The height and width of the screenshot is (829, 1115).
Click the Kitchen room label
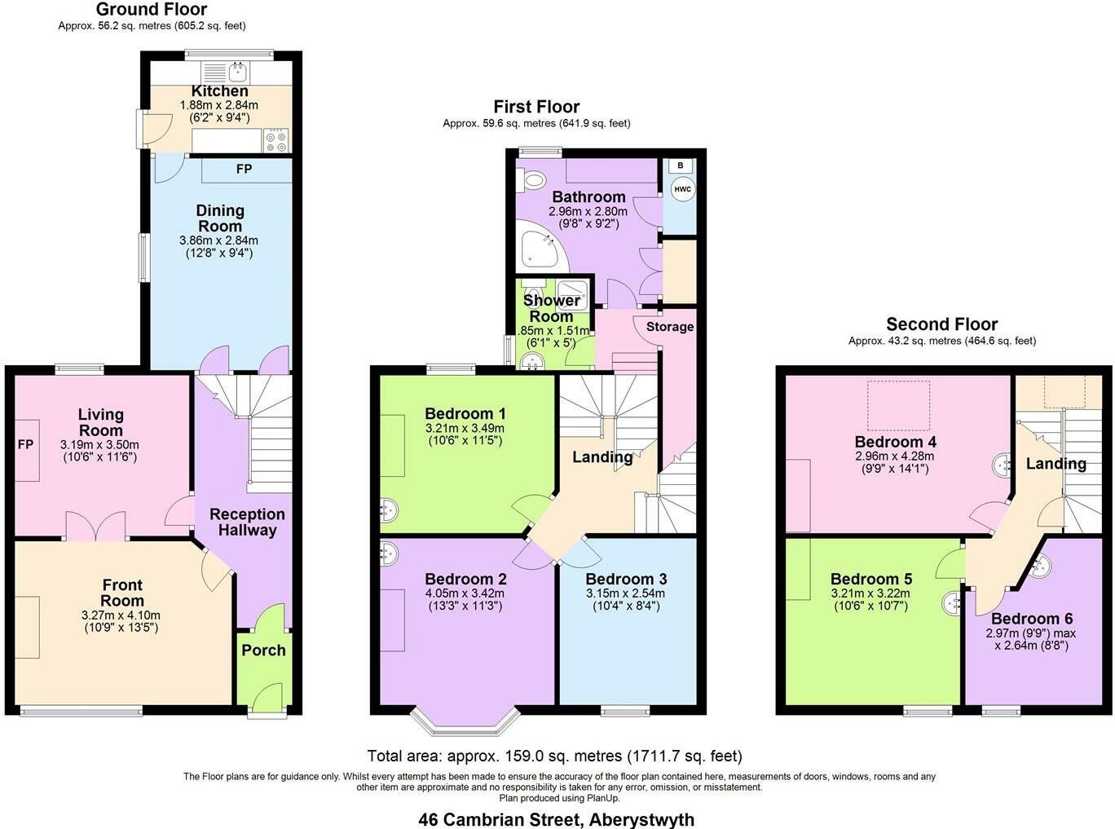pos(219,90)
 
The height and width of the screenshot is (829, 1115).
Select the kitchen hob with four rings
pos(276,142)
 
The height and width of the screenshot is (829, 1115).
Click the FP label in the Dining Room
pos(244,170)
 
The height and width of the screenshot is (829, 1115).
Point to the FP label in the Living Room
pos(26,445)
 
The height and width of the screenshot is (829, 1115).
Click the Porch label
pos(263,650)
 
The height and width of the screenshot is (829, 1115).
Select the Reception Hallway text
pos(247,523)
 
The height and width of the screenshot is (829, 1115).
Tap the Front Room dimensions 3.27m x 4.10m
pos(121,615)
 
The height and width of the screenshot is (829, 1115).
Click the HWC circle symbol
pos(682,189)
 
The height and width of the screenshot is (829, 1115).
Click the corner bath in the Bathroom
pos(538,249)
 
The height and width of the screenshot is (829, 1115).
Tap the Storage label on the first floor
pos(670,327)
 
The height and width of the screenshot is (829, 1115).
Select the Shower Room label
pos(551,308)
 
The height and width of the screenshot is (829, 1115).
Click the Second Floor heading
pos(941,324)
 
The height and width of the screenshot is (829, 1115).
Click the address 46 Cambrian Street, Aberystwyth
pos(557,819)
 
